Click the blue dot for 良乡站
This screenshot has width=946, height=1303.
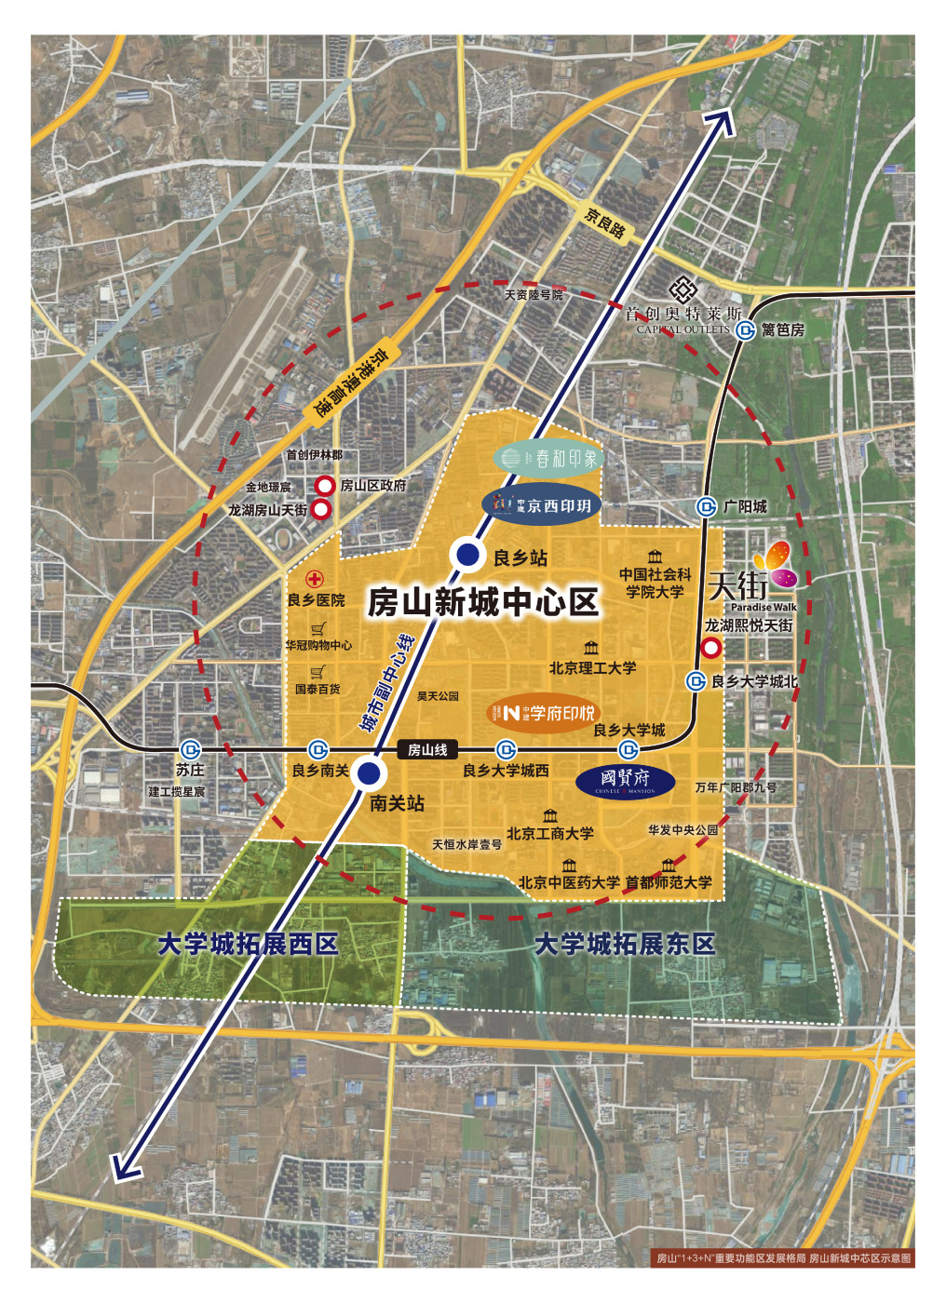point(466,555)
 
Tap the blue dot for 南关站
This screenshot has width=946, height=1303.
point(369,772)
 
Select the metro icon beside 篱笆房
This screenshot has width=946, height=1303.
point(745,329)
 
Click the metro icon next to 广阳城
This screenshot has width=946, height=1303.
point(707,506)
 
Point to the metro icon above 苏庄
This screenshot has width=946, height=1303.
point(190,749)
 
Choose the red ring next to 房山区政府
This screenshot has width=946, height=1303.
point(325,485)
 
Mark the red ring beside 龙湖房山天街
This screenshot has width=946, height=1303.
point(320,509)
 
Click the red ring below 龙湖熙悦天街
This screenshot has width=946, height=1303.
point(711,648)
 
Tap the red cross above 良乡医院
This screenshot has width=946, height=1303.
point(315,579)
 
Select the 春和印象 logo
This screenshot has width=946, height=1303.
point(548,458)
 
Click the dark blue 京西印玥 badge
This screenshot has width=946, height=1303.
point(542,504)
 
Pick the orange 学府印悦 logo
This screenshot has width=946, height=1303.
point(545,714)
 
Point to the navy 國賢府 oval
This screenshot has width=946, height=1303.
point(625,781)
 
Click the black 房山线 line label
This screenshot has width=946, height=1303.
point(427,749)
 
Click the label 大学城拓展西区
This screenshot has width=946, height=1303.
point(248,944)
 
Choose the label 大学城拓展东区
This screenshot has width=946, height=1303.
point(625,944)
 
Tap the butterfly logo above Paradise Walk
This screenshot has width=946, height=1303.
point(775,564)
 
